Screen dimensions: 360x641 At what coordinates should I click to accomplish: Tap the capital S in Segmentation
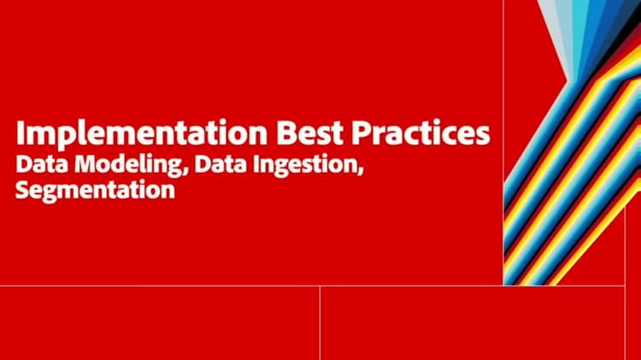tap(22, 189)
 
